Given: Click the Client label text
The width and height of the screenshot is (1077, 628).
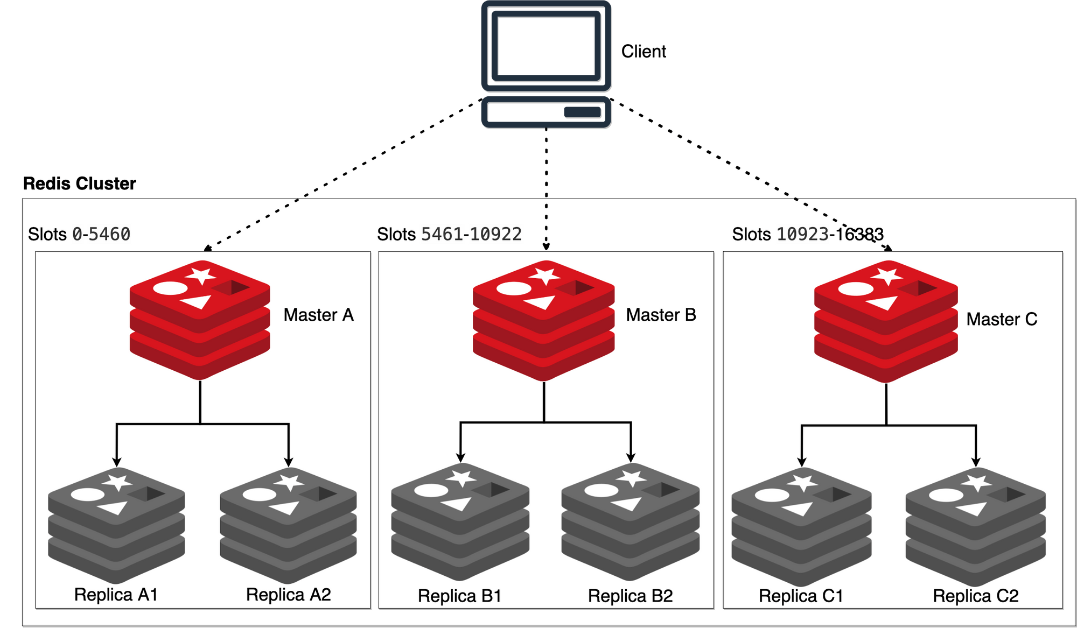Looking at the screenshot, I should click(x=644, y=52).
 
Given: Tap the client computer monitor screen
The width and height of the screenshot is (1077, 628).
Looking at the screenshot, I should click(x=546, y=46).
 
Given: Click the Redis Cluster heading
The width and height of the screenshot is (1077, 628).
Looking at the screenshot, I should click(x=79, y=184).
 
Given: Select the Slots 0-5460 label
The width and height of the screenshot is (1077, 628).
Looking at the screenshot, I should click(x=79, y=234).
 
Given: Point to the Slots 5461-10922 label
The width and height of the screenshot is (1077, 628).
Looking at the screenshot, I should click(x=449, y=234).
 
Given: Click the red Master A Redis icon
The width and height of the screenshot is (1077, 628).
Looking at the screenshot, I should click(x=200, y=320).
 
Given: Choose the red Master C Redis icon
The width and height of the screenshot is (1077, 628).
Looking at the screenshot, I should click(x=886, y=322).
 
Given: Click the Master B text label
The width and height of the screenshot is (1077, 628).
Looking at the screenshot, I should click(x=661, y=315).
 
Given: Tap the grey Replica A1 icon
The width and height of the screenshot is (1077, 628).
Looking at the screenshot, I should click(x=116, y=525).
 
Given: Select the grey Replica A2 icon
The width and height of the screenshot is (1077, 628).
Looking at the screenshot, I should click(x=288, y=525).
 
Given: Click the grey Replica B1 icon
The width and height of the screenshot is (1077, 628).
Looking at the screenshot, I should click(x=460, y=522).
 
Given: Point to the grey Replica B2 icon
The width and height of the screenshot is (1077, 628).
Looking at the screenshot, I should click(x=630, y=522).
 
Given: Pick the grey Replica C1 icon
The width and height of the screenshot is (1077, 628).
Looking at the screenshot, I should click(x=801, y=526).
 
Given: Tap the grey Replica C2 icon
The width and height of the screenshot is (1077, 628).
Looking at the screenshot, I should click(x=975, y=526).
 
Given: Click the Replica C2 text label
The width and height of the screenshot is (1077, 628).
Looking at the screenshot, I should click(x=975, y=596).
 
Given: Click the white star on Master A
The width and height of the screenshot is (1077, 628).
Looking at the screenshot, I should click(x=201, y=275).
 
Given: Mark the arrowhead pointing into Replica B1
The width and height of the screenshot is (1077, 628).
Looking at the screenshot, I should click(x=460, y=458).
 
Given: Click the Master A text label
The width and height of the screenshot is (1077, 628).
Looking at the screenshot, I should click(x=318, y=315).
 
